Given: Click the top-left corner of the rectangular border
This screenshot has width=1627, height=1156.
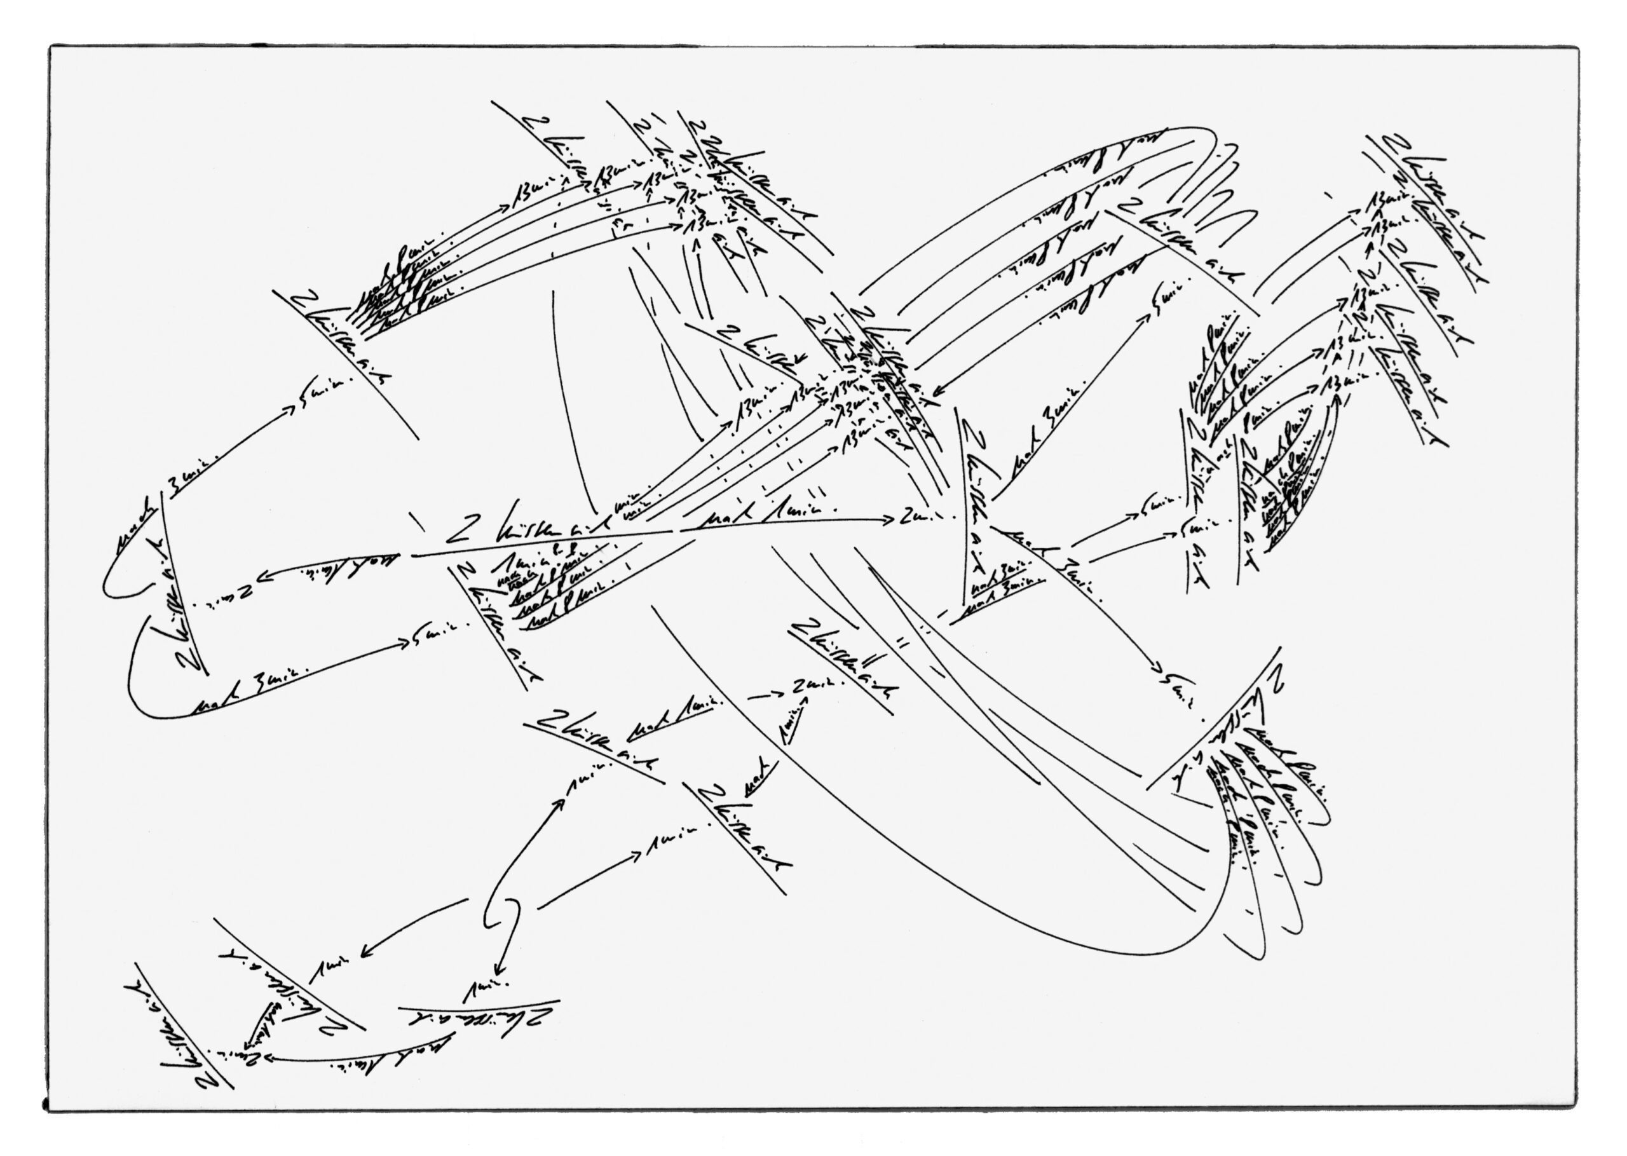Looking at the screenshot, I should point(50,47).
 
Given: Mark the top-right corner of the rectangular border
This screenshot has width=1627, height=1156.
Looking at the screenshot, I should point(1577,48).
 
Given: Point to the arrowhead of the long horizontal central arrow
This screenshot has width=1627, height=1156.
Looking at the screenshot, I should point(890,520).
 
